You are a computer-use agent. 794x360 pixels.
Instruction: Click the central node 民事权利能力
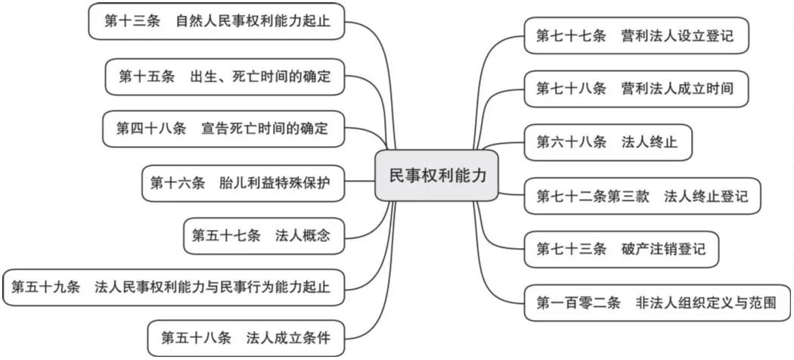click(x=436, y=175)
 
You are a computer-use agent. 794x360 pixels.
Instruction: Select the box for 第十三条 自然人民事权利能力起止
click(x=217, y=21)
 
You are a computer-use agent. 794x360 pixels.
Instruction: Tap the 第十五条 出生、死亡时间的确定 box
click(x=225, y=76)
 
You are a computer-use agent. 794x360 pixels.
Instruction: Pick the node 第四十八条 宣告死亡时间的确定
click(x=223, y=129)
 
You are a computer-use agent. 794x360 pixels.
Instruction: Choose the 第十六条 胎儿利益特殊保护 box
click(x=243, y=183)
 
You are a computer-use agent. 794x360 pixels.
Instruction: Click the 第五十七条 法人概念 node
click(x=264, y=236)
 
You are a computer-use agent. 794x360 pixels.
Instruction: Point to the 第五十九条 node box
click(x=174, y=287)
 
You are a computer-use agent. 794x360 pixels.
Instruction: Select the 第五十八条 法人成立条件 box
click(x=246, y=338)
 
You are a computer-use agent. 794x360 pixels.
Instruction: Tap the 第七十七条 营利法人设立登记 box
click(x=637, y=36)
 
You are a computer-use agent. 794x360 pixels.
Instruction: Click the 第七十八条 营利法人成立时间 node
click(x=636, y=88)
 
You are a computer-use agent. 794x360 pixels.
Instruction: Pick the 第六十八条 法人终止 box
click(x=608, y=142)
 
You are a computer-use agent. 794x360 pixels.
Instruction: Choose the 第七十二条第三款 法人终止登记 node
click(x=643, y=196)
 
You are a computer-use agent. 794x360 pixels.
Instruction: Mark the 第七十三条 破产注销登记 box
click(x=622, y=249)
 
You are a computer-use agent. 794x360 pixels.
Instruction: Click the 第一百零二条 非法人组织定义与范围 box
click(x=657, y=303)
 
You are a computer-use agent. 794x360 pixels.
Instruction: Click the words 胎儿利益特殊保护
click(x=275, y=183)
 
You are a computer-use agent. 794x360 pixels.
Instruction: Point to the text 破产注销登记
click(x=663, y=249)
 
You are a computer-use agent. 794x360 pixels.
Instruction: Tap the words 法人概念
click(x=302, y=236)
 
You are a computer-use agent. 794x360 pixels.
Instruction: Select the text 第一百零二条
click(x=578, y=303)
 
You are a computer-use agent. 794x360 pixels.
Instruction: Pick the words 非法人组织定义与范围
click(x=706, y=303)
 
